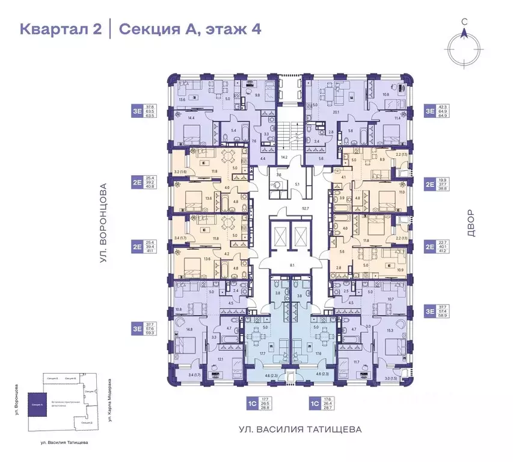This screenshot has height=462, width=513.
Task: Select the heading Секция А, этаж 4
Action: coord(189,29)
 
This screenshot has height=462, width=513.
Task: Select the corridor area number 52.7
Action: coord(289,209)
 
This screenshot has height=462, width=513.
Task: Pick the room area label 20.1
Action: coord(337,112)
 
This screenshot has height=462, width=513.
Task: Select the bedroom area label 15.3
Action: coord(389,330)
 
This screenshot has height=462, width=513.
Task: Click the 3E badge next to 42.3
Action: coord(429,111)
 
